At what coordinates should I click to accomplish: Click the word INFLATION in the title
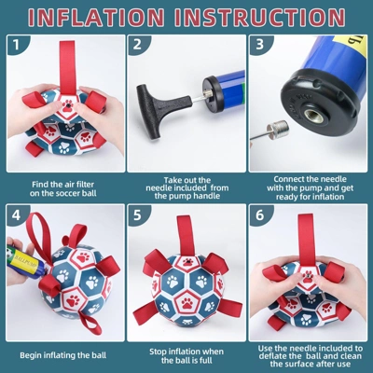point(96,17)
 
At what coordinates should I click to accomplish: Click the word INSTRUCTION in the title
point(260,17)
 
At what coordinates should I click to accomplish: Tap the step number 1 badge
point(16,45)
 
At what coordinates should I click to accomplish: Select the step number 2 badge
point(137,45)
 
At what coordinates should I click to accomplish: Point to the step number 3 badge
point(260,45)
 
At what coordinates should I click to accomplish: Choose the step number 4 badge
point(16,215)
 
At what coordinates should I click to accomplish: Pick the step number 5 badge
point(137,215)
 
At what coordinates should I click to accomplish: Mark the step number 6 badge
point(260,215)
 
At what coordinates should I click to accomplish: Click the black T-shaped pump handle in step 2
point(161,104)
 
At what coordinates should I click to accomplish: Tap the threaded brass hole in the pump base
point(311,116)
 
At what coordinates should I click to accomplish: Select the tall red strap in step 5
point(186,236)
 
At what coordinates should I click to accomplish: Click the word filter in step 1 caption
point(85,185)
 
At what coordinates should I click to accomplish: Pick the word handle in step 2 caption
point(207,196)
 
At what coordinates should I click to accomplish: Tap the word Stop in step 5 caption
point(158,352)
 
